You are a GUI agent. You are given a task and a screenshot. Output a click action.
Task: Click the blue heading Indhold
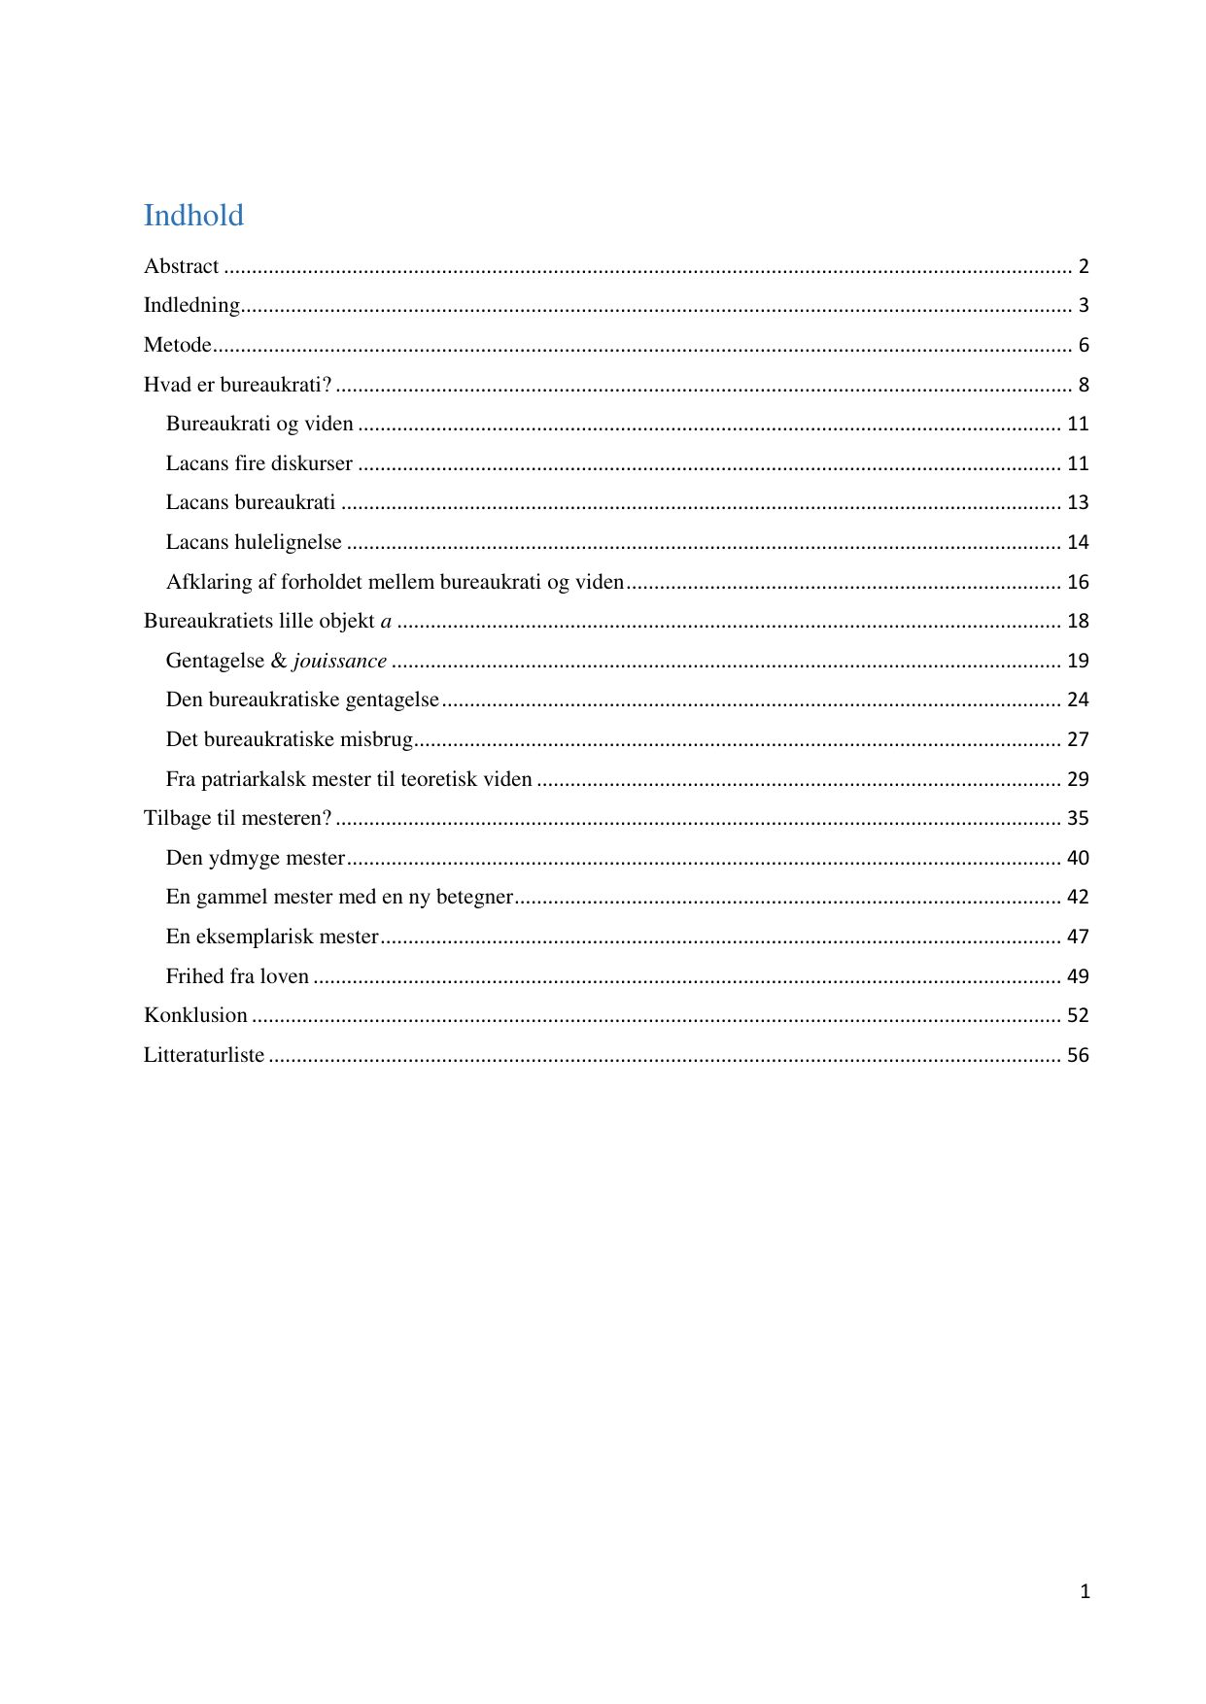pos(193,215)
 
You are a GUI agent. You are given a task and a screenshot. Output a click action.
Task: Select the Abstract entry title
pos(182,266)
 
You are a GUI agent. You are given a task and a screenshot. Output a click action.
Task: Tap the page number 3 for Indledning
pos(1083,305)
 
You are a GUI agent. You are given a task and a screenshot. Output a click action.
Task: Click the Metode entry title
pos(177,345)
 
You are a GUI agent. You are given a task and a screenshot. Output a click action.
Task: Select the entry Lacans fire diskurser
pos(258,463)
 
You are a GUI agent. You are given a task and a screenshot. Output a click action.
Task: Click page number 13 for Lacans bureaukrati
pos(1078,502)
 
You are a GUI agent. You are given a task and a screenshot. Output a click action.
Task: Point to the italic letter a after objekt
pos(386,622)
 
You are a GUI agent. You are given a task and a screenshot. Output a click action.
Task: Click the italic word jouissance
pos(340,661)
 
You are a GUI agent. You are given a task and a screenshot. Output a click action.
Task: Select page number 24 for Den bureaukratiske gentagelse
pos(1078,699)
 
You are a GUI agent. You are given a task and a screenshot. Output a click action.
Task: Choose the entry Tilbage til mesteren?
pos(237,818)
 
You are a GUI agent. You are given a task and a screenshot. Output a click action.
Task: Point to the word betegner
pos(474,897)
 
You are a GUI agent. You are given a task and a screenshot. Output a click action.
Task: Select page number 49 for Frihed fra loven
pos(1078,976)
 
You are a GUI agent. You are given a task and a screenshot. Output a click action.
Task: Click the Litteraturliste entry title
pos(204,1055)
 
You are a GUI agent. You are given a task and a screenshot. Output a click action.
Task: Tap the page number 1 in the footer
pos(1085,1591)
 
